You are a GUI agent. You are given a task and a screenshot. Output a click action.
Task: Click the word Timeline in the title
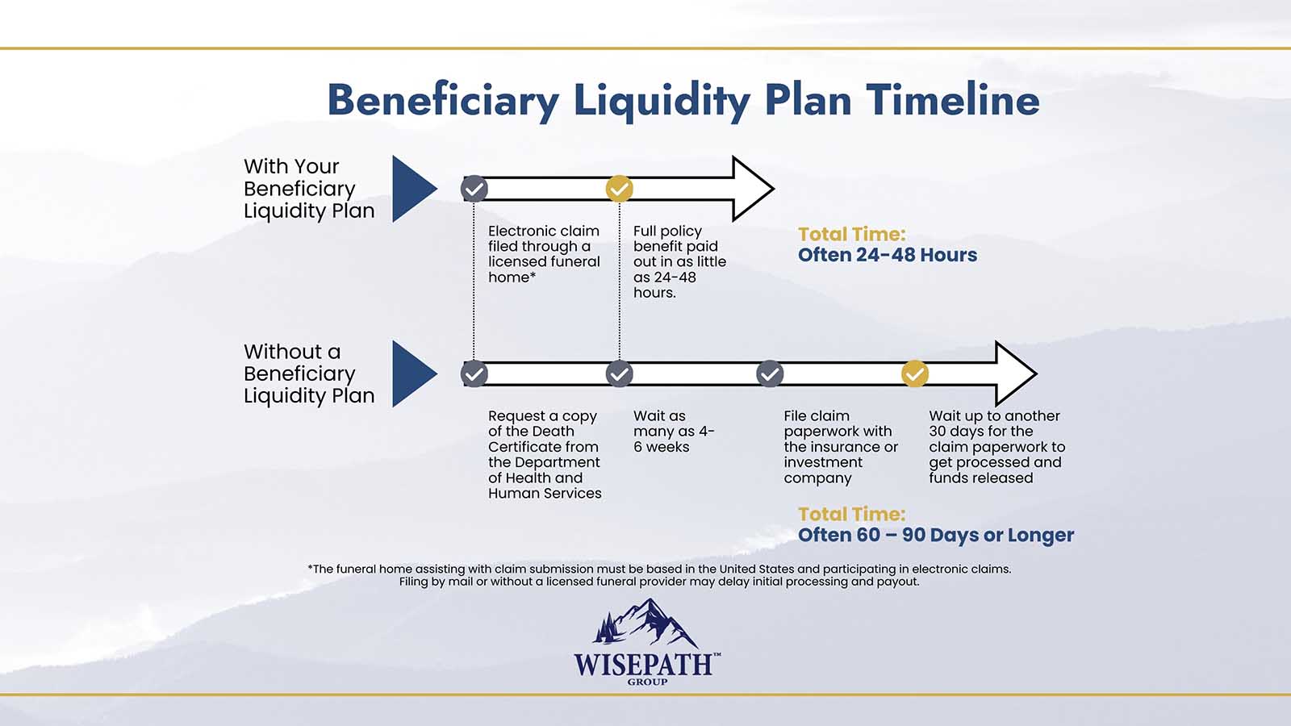coord(953,100)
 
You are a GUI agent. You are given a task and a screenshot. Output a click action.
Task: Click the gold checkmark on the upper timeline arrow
coord(620,189)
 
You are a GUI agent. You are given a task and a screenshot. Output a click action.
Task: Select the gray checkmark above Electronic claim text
coord(474,189)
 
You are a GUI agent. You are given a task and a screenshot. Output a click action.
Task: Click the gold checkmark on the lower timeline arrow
coord(915,374)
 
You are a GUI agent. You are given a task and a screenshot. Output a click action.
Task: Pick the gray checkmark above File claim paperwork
coord(770,374)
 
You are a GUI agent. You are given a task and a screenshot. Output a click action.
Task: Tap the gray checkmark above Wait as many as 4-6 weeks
coord(620,374)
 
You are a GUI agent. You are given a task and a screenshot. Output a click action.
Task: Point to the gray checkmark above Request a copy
coord(474,374)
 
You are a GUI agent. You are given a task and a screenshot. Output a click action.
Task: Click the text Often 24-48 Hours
coord(888,255)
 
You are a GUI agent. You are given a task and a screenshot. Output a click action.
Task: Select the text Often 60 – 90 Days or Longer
coord(936,535)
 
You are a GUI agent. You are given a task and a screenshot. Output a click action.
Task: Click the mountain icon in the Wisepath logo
coord(645,622)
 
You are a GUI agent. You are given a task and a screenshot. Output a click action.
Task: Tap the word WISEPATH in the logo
coord(643,665)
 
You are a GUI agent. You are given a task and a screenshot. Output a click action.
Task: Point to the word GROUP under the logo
coord(647,682)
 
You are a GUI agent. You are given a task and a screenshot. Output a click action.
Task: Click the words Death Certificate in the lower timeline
coord(543,439)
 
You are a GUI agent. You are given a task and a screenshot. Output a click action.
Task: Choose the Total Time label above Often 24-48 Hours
coord(852,234)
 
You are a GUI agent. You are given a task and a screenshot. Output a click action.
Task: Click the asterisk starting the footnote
coord(310,568)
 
